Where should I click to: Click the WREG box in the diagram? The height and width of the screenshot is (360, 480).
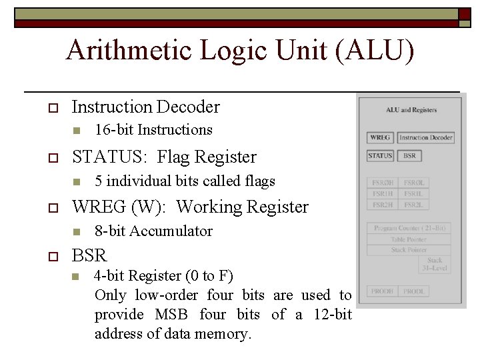pos(380,138)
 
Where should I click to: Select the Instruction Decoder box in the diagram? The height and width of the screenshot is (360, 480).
pos(426,138)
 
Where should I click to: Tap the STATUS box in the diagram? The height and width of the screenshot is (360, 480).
pos(380,156)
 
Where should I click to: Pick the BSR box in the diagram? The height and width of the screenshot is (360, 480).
pos(409,156)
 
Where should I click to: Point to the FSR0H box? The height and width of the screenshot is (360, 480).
pos(383,182)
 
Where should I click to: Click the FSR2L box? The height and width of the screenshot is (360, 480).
pos(414,205)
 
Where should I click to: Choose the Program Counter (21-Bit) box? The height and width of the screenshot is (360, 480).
pos(409,228)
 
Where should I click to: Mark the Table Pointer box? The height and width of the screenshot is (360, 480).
pos(409,239)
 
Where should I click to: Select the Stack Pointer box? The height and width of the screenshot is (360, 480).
pos(409,250)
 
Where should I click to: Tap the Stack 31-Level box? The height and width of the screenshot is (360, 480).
pos(435,265)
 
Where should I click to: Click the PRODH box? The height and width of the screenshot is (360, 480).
pos(383,291)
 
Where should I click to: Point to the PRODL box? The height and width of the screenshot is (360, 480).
pos(414,291)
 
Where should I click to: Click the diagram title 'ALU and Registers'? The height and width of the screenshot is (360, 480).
pos(411,110)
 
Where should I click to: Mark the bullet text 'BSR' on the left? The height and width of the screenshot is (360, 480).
pos(89,255)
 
